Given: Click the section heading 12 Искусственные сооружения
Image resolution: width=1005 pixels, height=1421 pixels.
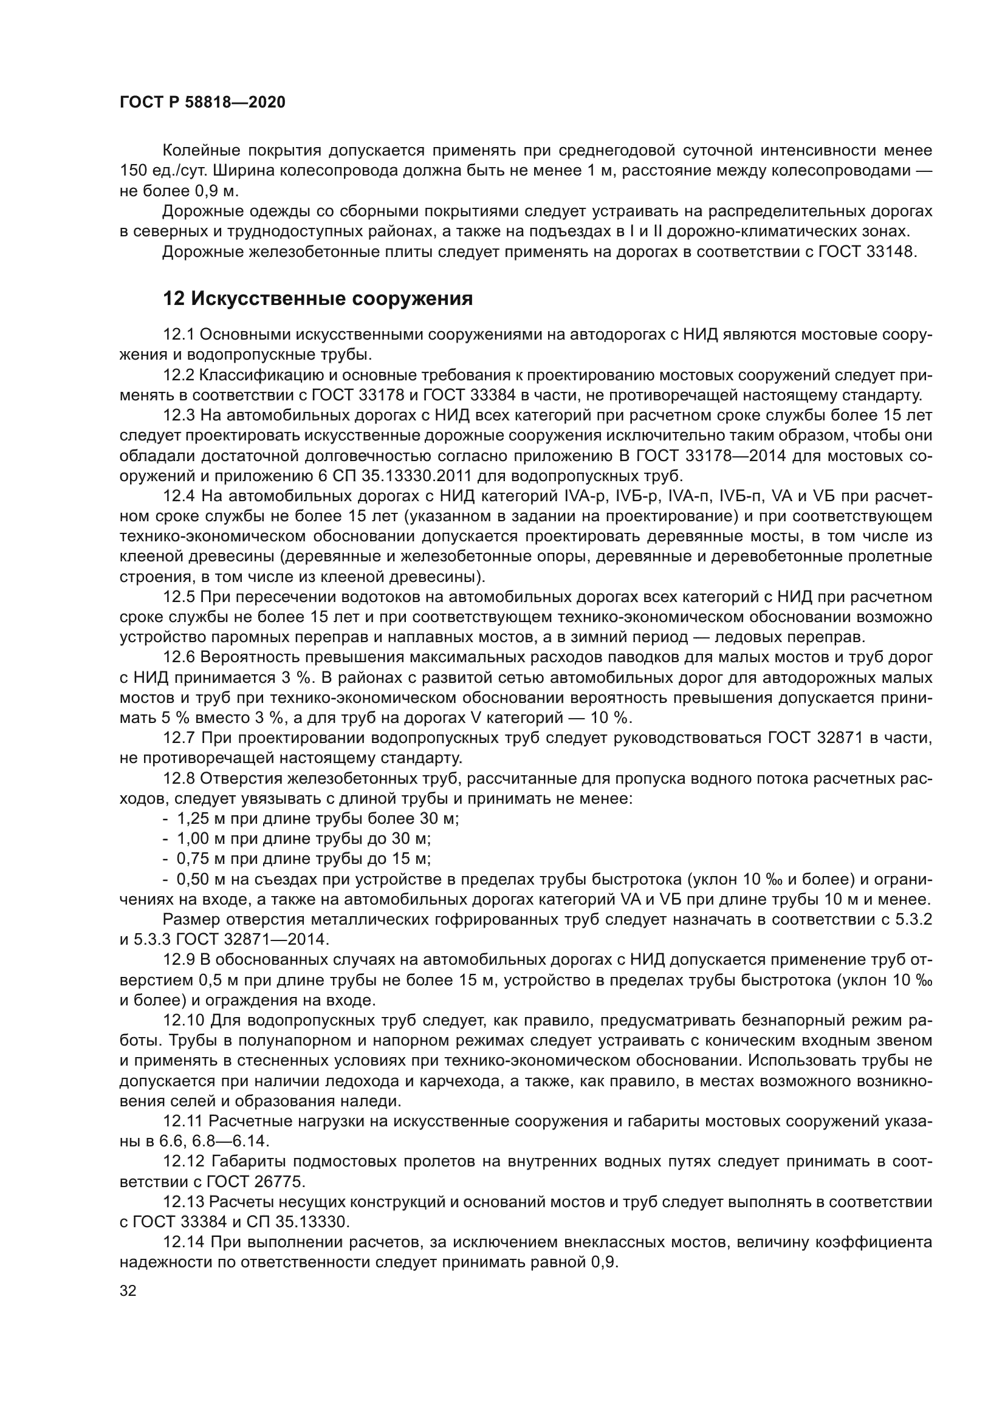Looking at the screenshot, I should (317, 299).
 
